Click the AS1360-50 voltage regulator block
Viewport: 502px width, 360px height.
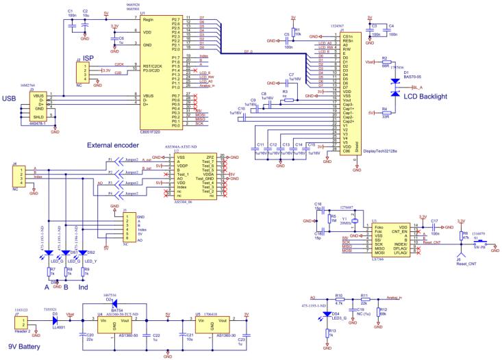[x=111, y=324]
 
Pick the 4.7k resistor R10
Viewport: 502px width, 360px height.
[x=339, y=298]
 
